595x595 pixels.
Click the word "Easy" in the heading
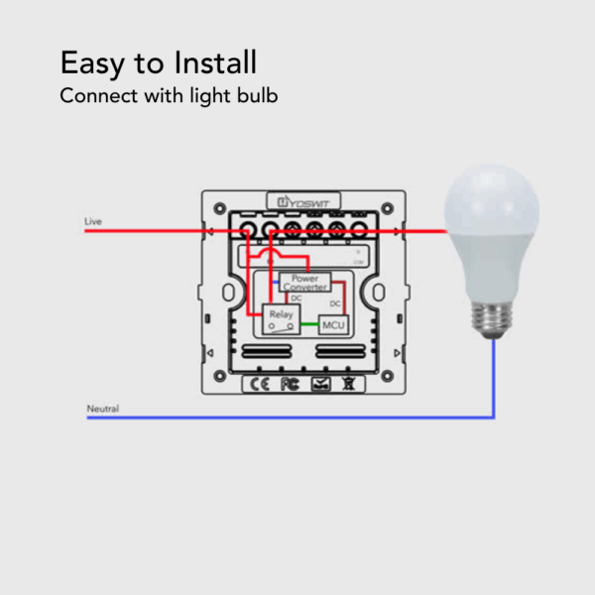[x=90, y=64]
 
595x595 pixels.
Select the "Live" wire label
[x=93, y=221]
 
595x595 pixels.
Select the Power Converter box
[x=304, y=283]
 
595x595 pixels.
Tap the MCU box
[x=334, y=325]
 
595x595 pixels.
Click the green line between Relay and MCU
[x=309, y=324]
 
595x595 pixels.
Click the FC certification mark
[x=290, y=383]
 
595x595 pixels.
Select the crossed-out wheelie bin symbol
[x=348, y=383]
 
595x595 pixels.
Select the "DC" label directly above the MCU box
[x=334, y=303]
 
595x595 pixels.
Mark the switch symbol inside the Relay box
[x=280, y=325]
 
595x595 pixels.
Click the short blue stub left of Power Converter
[x=275, y=283]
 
